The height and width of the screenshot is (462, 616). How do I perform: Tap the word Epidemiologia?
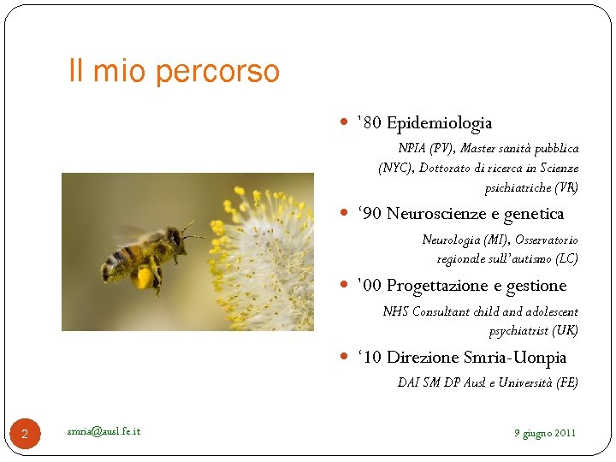(439, 123)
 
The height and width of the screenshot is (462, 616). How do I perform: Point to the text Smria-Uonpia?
(514, 357)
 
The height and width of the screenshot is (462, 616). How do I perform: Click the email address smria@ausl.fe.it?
(104, 430)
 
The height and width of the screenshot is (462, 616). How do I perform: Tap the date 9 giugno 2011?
(544, 433)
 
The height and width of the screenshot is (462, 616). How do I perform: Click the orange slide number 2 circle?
(25, 435)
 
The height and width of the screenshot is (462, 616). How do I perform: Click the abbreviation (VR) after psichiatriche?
(566, 187)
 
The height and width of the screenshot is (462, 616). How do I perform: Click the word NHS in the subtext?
(395, 312)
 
